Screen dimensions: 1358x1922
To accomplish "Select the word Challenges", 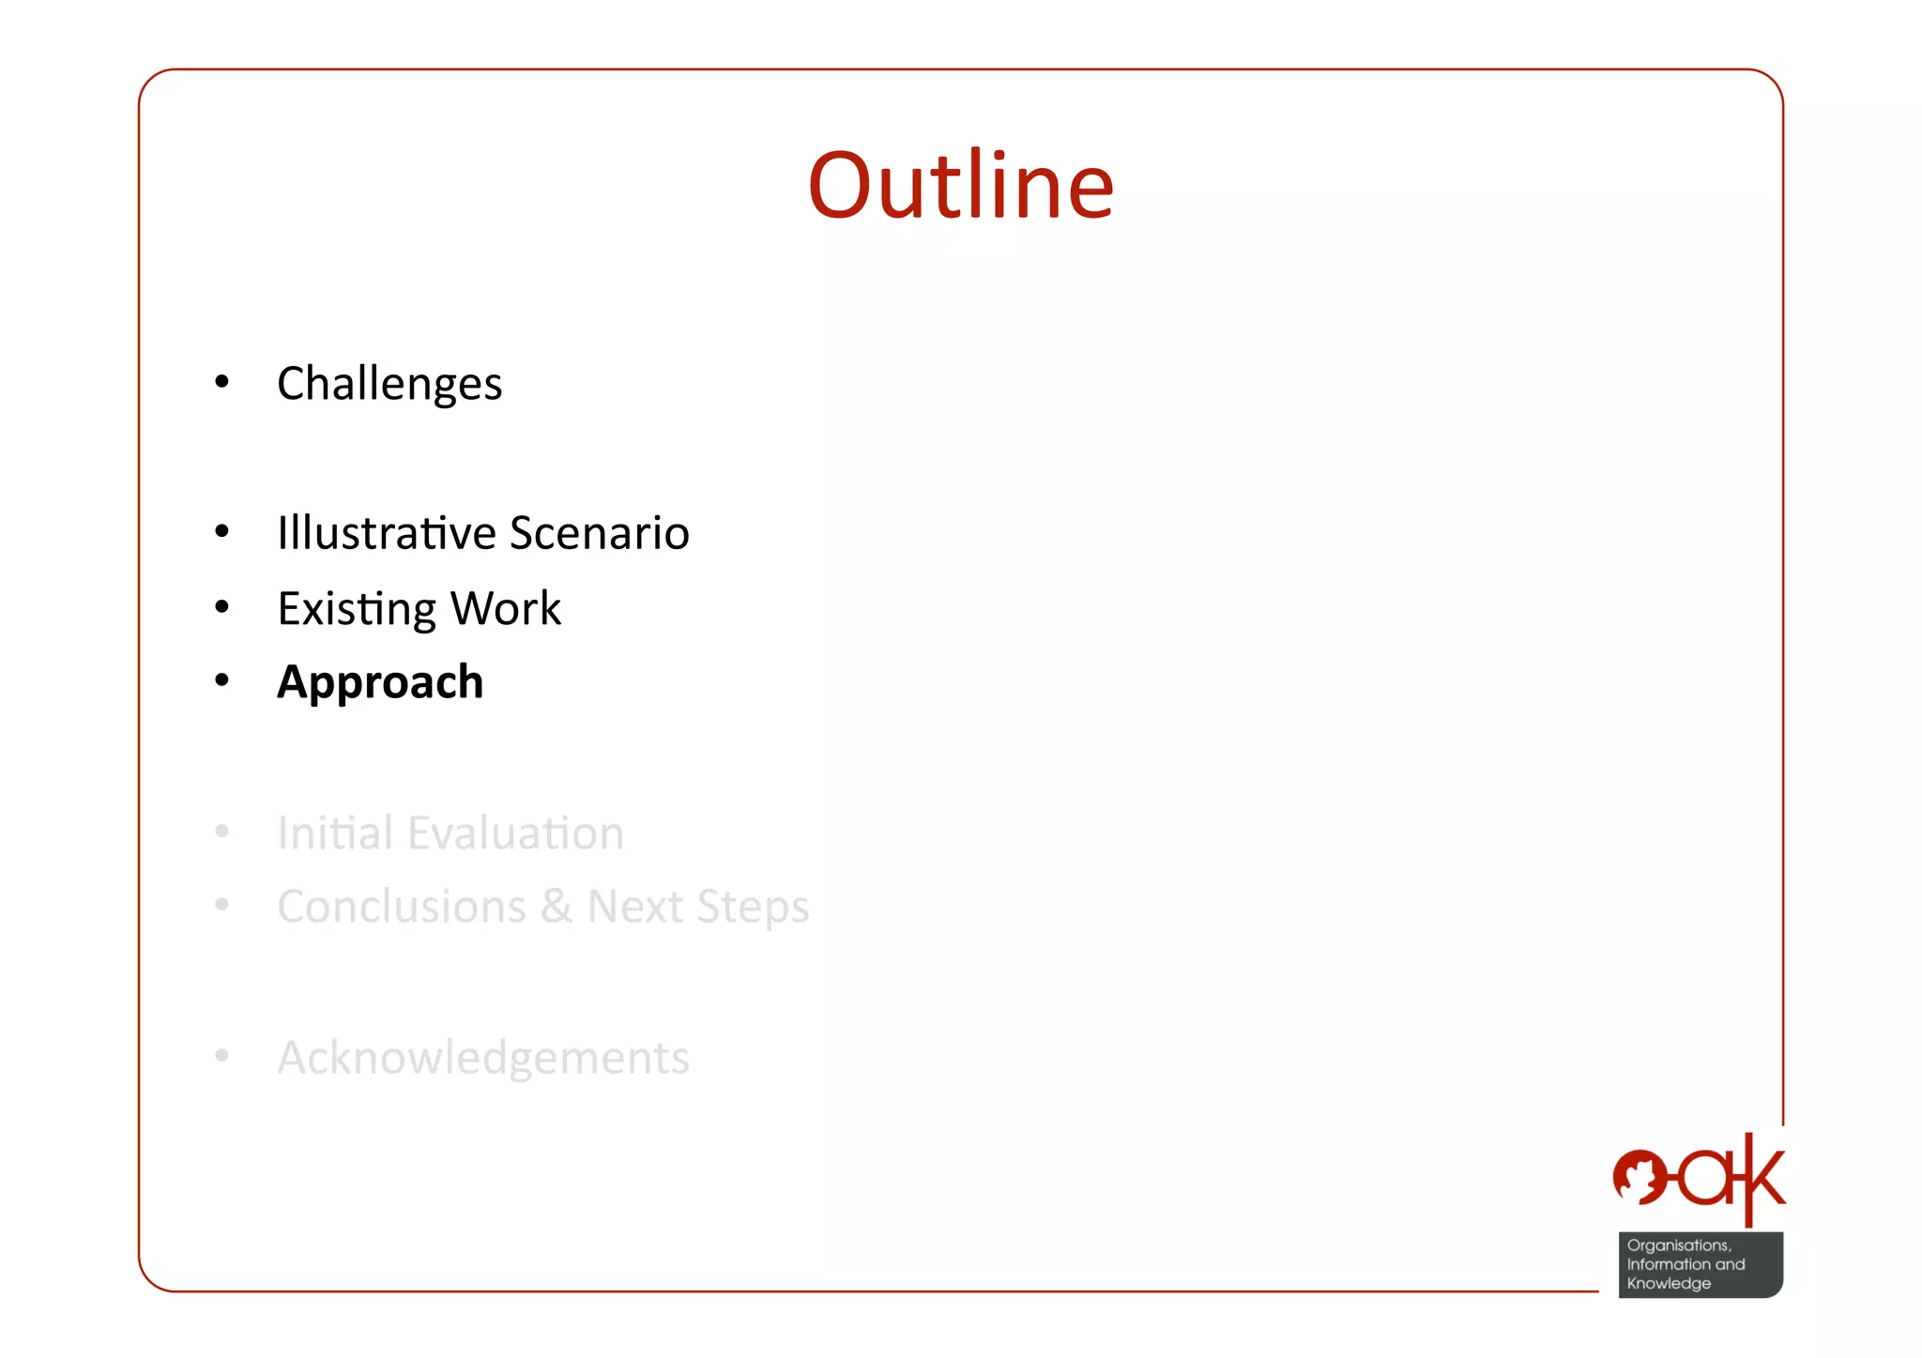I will pos(389,384).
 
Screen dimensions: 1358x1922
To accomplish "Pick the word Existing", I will pos(357,609).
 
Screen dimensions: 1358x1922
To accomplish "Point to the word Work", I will pos(506,608).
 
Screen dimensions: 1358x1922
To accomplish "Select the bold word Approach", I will pos(380,682).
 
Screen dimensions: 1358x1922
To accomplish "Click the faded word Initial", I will pos(334,832).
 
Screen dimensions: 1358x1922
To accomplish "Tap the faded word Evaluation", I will pos(516,832).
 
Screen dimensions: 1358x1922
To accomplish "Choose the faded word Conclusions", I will pos(402,907).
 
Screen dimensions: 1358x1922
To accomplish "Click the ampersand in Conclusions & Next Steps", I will pos(557,907).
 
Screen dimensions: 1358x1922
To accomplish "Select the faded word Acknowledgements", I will pos(483,1058).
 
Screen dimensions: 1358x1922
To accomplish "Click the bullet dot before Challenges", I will pos(221,382).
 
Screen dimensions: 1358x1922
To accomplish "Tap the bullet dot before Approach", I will pos(221,680).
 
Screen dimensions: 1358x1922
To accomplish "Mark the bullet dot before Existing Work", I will pos(221,607).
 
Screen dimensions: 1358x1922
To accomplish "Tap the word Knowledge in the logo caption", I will pos(1669,1283).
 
